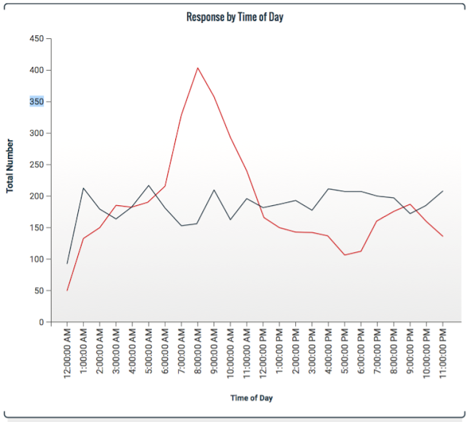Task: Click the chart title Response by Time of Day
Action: click(x=235, y=17)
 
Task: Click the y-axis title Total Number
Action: click(x=10, y=165)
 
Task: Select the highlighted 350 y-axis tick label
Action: click(x=36, y=101)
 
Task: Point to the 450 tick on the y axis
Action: click(x=36, y=38)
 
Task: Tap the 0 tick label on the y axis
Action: click(x=42, y=322)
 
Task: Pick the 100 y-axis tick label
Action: click(x=36, y=260)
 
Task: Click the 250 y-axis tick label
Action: click(x=36, y=165)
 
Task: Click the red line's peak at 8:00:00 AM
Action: click(x=197, y=68)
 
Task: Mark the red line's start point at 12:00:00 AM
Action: click(x=67, y=290)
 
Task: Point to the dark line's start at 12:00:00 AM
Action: click(x=67, y=263)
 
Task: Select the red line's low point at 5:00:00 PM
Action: click(x=344, y=255)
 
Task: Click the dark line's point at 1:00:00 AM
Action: click(x=83, y=188)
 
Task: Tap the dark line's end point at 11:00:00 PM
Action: click(x=443, y=191)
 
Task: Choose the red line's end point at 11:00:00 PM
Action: click(x=443, y=236)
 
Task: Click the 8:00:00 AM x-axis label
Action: click(x=198, y=355)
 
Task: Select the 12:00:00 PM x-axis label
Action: click(x=263, y=355)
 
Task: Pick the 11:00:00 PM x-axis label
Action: click(x=443, y=355)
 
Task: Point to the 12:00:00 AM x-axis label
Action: click(x=67, y=355)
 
